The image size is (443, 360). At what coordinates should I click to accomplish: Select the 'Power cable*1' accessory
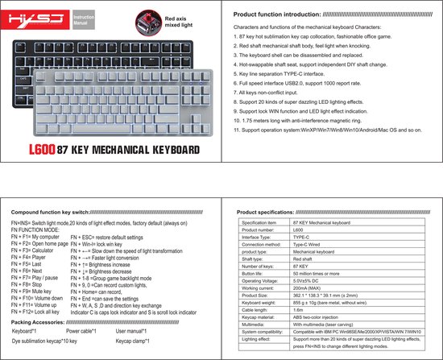pos(81,331)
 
